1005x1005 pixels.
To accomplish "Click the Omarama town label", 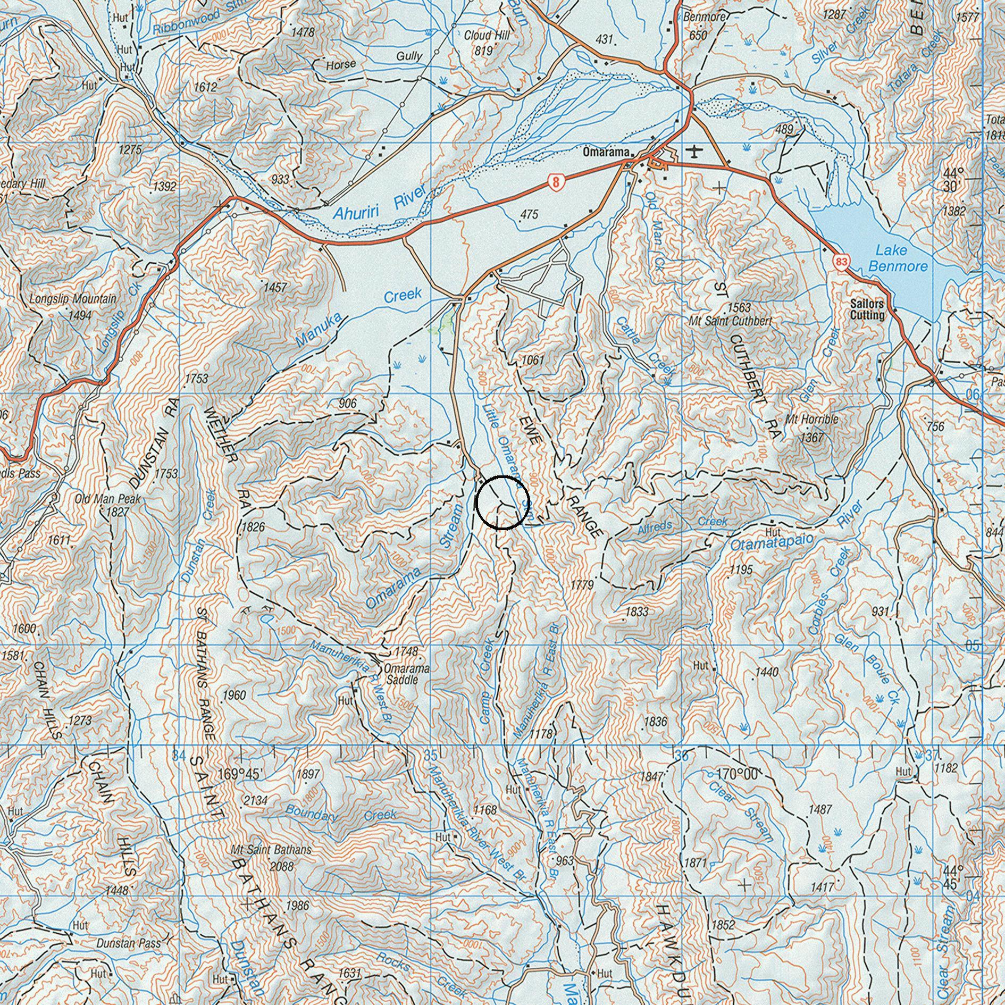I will tap(606, 152).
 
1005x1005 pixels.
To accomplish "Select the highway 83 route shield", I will tap(841, 262).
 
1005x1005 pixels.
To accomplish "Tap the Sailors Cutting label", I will tap(867, 309).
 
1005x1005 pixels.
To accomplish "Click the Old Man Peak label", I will tap(108, 499).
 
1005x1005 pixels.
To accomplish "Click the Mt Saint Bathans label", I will tap(271, 850).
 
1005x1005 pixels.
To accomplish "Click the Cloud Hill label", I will tap(487, 36).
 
